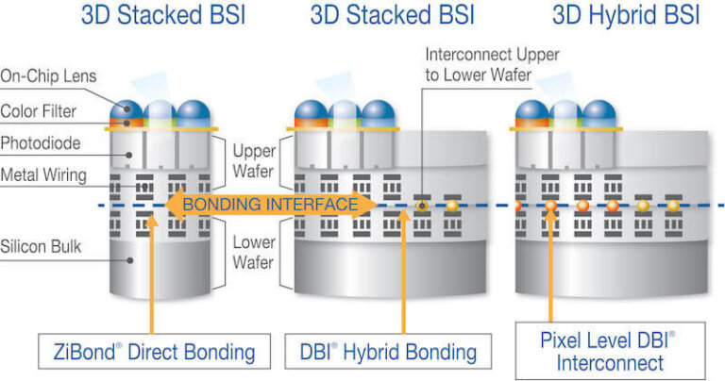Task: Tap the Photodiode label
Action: (41, 143)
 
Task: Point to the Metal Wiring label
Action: (44, 174)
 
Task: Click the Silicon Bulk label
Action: (42, 247)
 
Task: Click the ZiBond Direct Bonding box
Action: (148, 352)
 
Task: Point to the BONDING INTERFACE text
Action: (271, 204)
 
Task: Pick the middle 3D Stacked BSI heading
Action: (392, 16)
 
